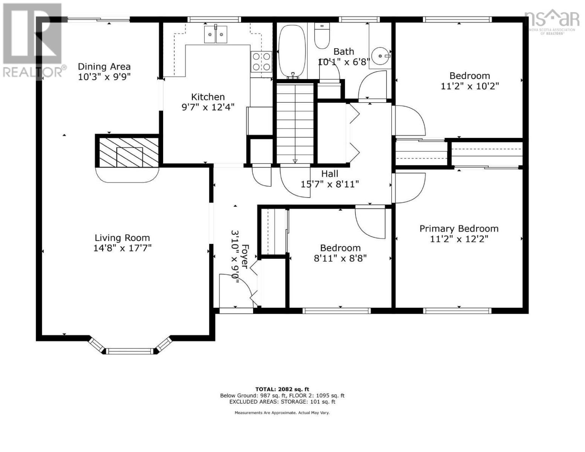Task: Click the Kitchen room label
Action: [x=208, y=97]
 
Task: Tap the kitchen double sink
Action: [x=215, y=35]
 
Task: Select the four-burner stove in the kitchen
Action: [x=261, y=61]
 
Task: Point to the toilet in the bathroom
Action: [x=322, y=36]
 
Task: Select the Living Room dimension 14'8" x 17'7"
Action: [x=122, y=248]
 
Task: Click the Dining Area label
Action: [x=104, y=67]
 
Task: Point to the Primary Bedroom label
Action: [x=459, y=229]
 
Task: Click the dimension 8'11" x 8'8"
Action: [x=340, y=258]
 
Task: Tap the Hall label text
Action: [x=330, y=174]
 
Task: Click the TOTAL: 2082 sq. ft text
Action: [x=282, y=389]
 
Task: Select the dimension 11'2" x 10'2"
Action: [x=470, y=86]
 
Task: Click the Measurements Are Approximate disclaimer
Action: [x=282, y=413]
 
